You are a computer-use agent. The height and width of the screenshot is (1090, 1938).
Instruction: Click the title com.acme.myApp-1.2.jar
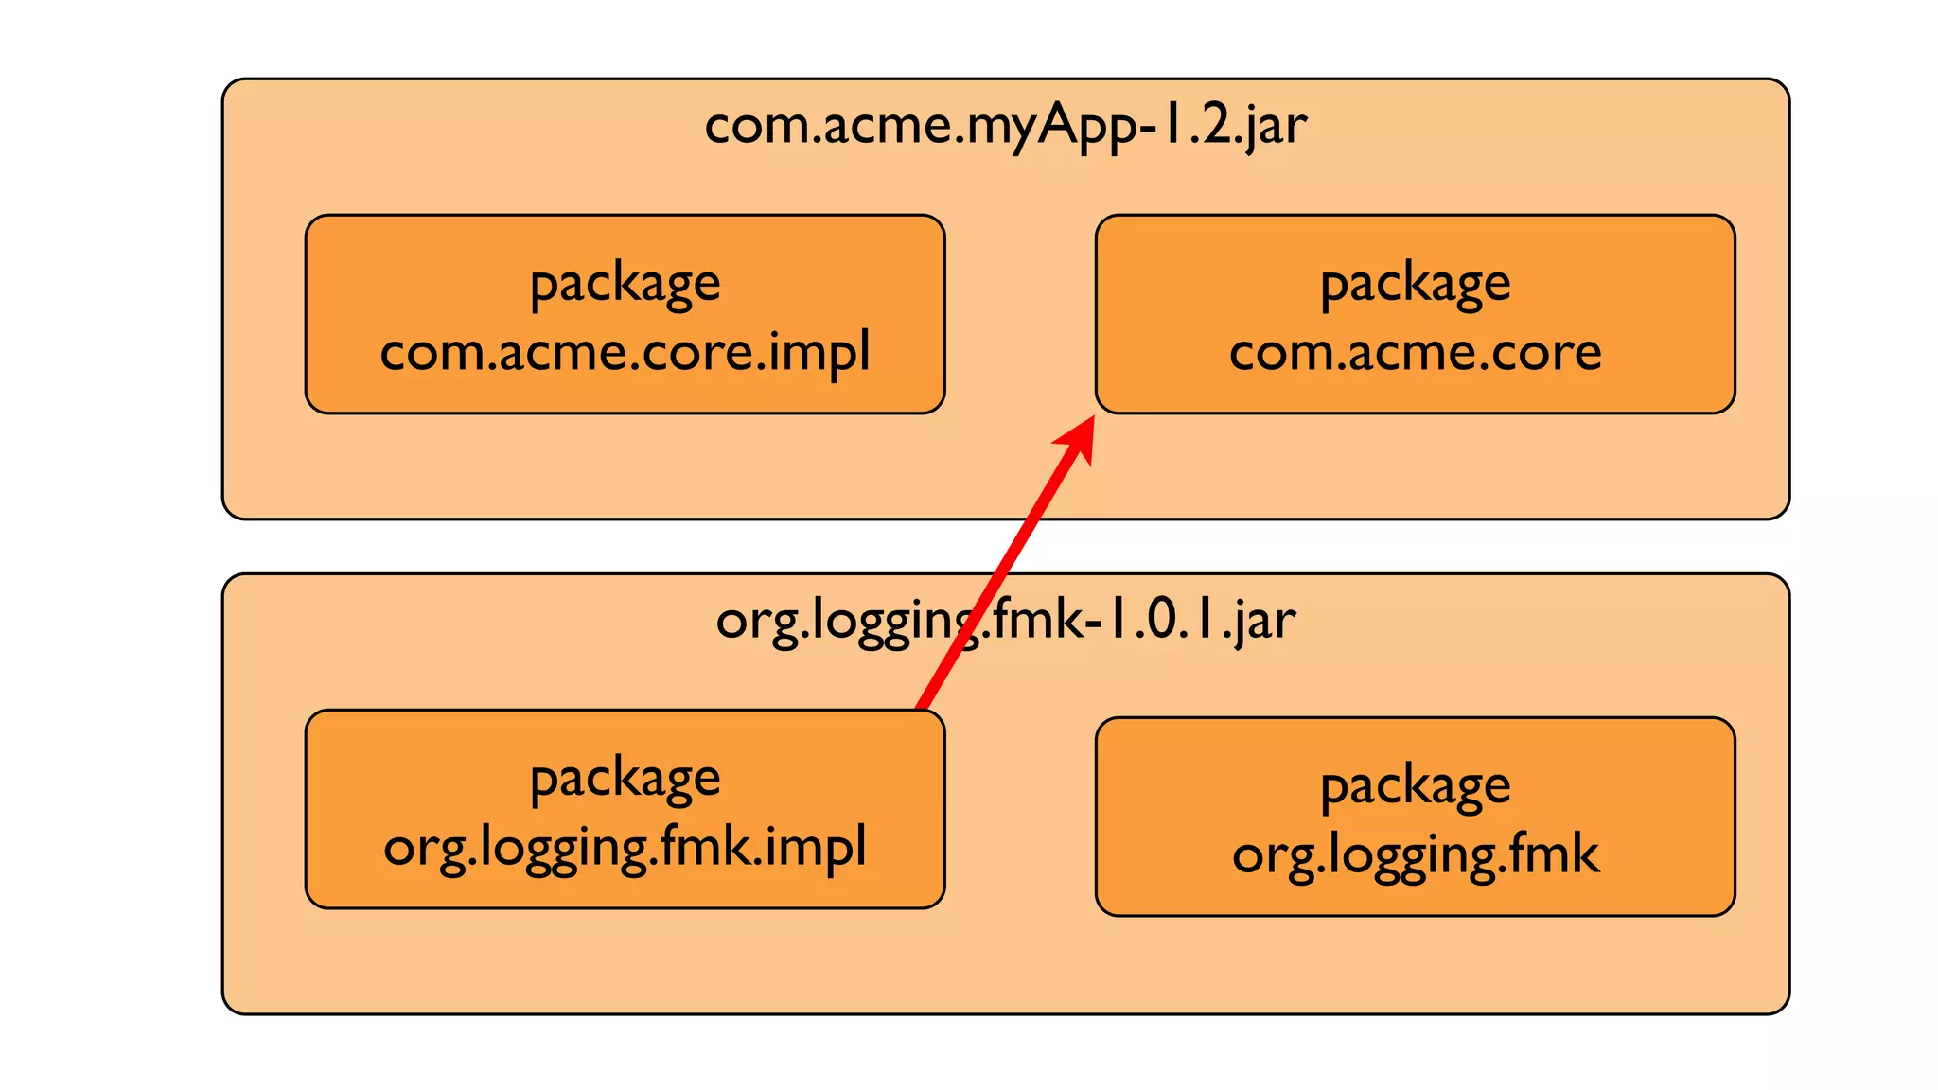tap(1005, 125)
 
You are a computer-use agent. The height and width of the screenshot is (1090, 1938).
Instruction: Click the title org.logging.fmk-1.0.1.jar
tap(1005, 621)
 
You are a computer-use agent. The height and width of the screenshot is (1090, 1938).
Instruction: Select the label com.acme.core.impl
tap(625, 352)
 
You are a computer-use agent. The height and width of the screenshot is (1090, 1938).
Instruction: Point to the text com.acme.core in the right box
tap(1415, 352)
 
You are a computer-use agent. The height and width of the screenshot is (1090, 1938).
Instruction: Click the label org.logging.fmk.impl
tap(625, 847)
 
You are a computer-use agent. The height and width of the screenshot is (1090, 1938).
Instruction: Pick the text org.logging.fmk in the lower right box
tap(1415, 854)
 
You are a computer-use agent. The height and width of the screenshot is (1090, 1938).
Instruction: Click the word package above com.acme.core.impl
tap(625, 283)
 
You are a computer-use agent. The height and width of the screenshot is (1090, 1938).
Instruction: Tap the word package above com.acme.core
tap(1415, 283)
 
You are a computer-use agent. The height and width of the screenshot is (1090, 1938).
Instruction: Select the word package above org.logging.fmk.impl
tap(625, 779)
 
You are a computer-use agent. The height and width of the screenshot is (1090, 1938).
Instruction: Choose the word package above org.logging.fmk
tap(1415, 785)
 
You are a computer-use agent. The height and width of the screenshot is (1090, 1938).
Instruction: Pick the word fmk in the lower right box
tap(1552, 854)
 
